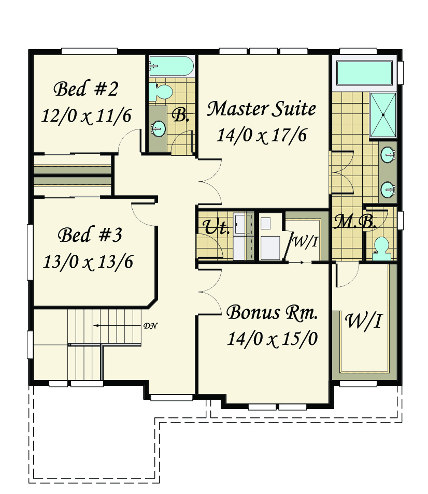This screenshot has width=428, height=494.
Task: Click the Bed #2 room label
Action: (85, 89)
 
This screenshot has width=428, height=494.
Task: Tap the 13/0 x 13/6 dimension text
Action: (88, 262)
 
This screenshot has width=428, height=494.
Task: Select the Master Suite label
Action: (261, 109)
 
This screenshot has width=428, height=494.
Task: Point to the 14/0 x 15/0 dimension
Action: (273, 339)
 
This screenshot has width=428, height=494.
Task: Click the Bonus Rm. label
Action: (272, 313)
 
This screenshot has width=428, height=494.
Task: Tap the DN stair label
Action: (150, 326)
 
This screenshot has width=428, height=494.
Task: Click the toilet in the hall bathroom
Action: (161, 91)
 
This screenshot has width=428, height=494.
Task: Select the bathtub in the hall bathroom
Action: (171, 66)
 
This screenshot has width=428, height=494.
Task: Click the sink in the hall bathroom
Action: (158, 128)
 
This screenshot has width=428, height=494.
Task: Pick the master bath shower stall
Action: (383, 115)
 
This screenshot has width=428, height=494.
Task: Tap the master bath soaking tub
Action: (364, 73)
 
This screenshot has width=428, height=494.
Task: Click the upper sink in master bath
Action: (388, 155)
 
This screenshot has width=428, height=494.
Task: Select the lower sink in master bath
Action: (388, 190)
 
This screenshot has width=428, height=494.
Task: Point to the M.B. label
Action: (355, 222)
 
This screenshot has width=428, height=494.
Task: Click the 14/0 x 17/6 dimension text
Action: (262, 136)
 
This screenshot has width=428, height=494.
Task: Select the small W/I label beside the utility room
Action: (305, 242)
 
